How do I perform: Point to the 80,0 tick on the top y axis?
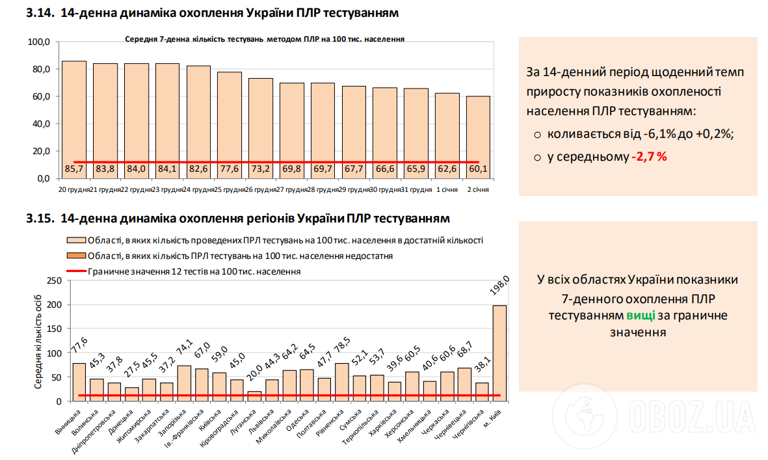point(40,70)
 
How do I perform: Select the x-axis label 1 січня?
point(447,189)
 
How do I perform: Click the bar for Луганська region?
point(254,396)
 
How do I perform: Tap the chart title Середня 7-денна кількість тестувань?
point(265,39)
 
